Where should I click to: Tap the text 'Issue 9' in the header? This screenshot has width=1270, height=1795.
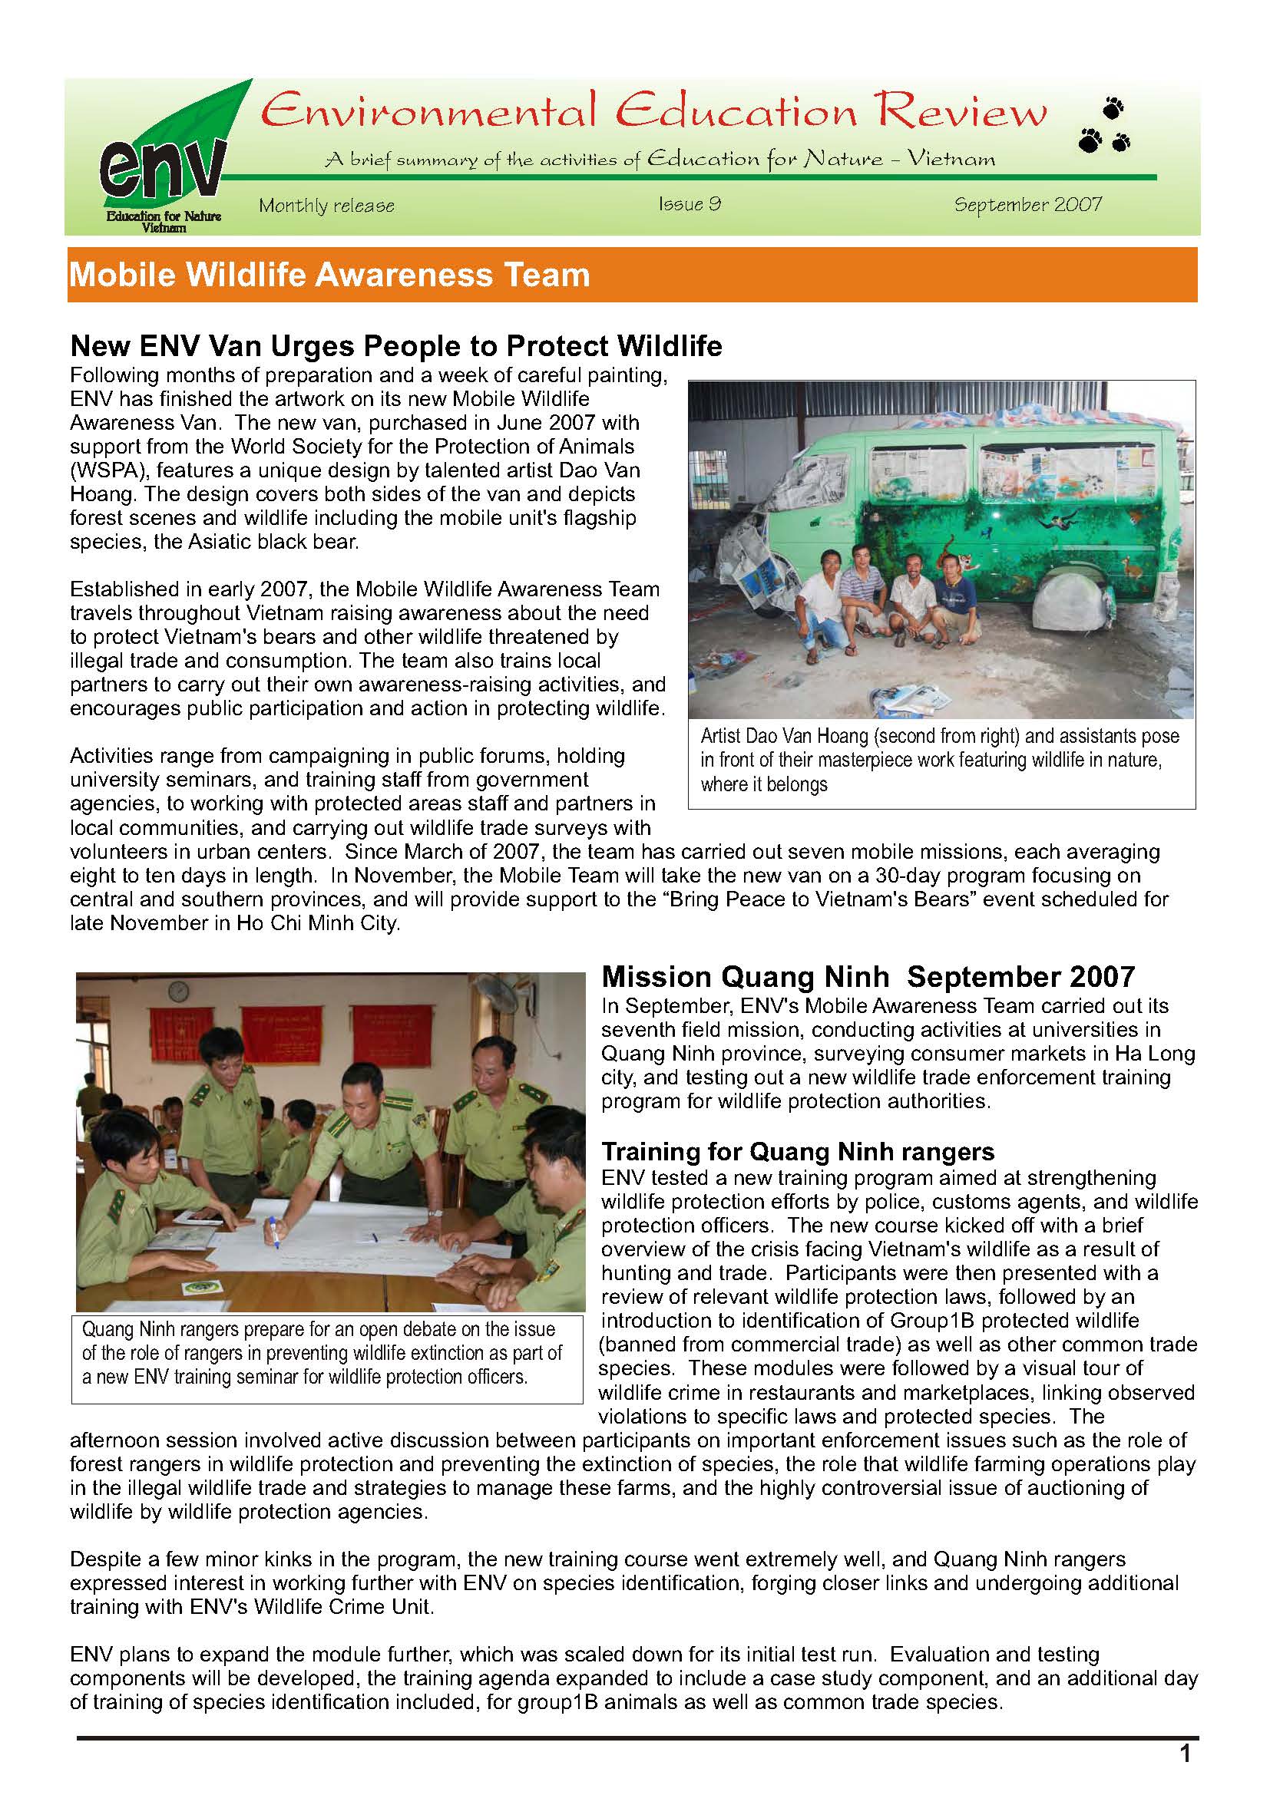689,205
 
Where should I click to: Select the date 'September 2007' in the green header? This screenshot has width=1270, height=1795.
1027,205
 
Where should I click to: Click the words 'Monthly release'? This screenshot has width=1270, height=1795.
326,206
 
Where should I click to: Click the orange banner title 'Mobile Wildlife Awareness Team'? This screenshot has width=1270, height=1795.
329,276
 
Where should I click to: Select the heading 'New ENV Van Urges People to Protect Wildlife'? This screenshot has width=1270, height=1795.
395,345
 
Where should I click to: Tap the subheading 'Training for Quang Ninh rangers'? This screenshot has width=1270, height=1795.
798,1151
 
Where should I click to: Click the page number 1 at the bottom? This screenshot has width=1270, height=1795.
1185,1754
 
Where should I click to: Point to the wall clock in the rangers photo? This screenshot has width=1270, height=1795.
178,992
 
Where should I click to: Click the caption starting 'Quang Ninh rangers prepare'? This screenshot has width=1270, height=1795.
322,1352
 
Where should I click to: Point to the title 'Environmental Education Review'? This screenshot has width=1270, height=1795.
653,112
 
